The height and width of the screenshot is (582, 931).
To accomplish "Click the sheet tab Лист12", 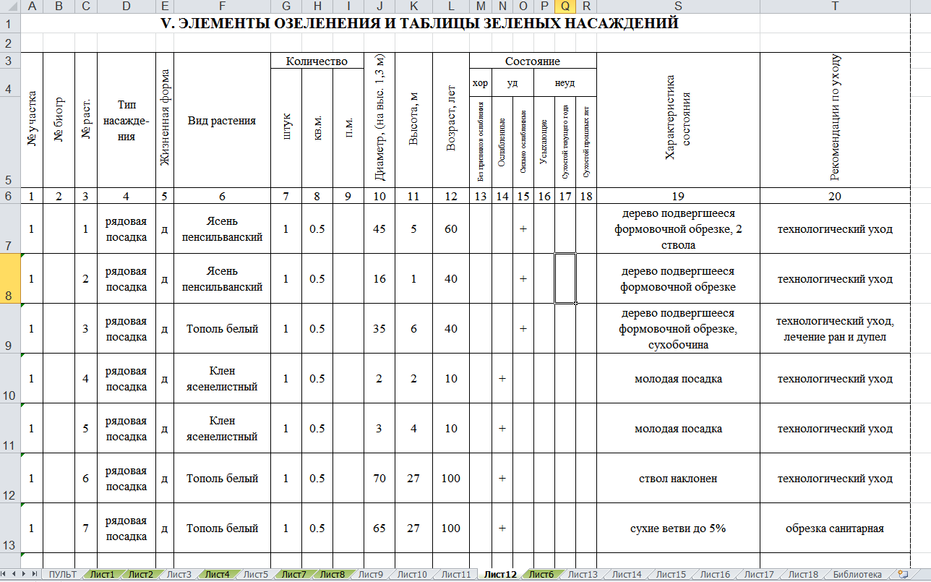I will click(x=500, y=575).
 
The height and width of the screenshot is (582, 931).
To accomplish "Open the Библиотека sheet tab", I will click(x=857, y=575).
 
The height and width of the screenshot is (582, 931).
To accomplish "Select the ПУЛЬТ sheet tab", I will click(x=64, y=575).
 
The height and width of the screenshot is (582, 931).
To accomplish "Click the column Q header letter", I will click(x=565, y=7).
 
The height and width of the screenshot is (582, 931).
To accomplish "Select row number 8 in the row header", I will click(x=9, y=278).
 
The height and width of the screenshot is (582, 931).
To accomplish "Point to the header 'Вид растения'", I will click(x=222, y=121).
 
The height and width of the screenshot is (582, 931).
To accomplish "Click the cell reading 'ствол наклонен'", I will click(x=678, y=479).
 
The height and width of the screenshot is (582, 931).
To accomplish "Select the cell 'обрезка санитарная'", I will click(x=835, y=528).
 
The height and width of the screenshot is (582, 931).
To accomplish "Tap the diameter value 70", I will click(x=379, y=479).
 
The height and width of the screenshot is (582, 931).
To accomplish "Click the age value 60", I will click(x=451, y=229).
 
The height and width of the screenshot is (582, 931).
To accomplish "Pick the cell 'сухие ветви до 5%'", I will click(x=678, y=528).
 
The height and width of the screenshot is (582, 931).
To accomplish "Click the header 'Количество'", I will click(x=316, y=61).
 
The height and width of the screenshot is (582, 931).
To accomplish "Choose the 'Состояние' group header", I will click(x=533, y=61).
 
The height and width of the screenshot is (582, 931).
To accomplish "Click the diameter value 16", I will click(x=379, y=279).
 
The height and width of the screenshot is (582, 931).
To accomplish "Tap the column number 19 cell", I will click(x=678, y=196).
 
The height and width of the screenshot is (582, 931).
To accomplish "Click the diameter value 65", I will click(x=379, y=528).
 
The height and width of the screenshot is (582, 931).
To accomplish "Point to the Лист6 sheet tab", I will click(x=541, y=575).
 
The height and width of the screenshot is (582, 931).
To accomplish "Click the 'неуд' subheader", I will click(x=565, y=83).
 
